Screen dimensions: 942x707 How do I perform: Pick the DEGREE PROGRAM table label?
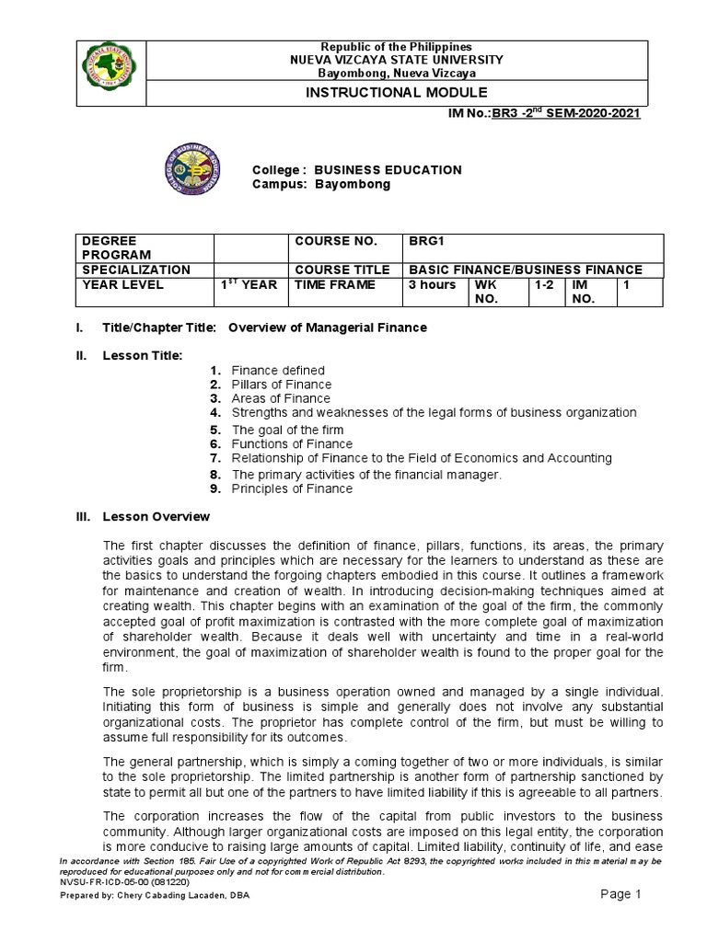tap(111, 247)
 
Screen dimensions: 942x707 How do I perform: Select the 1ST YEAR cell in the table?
tap(248, 285)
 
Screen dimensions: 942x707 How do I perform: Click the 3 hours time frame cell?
tap(432, 285)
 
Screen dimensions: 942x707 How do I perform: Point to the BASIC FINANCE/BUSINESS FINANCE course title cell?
tap(527, 270)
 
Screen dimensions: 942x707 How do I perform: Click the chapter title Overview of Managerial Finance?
tap(328, 327)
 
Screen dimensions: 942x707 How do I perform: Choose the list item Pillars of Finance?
tap(281, 385)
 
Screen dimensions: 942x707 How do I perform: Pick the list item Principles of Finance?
tap(292, 488)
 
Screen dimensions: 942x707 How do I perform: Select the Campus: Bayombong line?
tap(321, 184)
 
